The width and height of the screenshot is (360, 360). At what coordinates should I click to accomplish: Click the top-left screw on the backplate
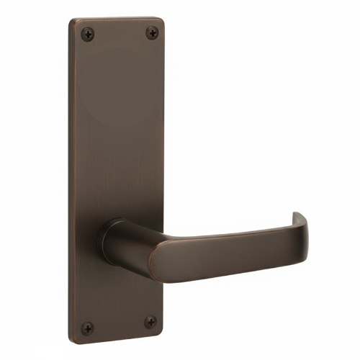coord(87,32)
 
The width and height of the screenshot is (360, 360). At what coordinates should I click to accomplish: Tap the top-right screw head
coord(152,32)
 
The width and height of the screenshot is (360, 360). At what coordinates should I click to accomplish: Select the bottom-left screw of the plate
coord(87,328)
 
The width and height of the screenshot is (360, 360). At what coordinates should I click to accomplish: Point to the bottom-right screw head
coord(150,322)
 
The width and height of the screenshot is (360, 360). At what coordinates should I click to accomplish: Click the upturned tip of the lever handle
coord(297,217)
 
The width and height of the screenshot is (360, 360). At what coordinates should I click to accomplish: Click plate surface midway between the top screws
coord(120,32)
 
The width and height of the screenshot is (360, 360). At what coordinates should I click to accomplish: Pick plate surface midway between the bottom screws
coord(119,325)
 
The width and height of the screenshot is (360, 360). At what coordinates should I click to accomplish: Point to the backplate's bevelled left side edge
coord(72,180)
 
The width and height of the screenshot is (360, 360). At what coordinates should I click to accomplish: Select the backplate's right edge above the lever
coord(164,130)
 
